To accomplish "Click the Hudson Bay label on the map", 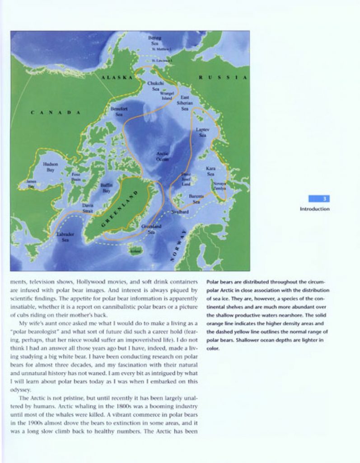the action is pos(50,167).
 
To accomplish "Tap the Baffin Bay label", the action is pos(107,188).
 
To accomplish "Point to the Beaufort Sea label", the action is pos(119,112).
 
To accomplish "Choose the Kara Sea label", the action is pos(210,171).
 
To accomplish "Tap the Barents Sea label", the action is pos(196,199).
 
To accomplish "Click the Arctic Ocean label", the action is pos(162,156).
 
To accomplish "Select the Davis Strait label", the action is pos(88,208).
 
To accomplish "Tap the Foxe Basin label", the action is pos(76,176).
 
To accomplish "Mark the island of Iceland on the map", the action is pos(135,250).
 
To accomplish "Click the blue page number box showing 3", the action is pos(319,198).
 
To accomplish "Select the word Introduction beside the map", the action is pos(315,209).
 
